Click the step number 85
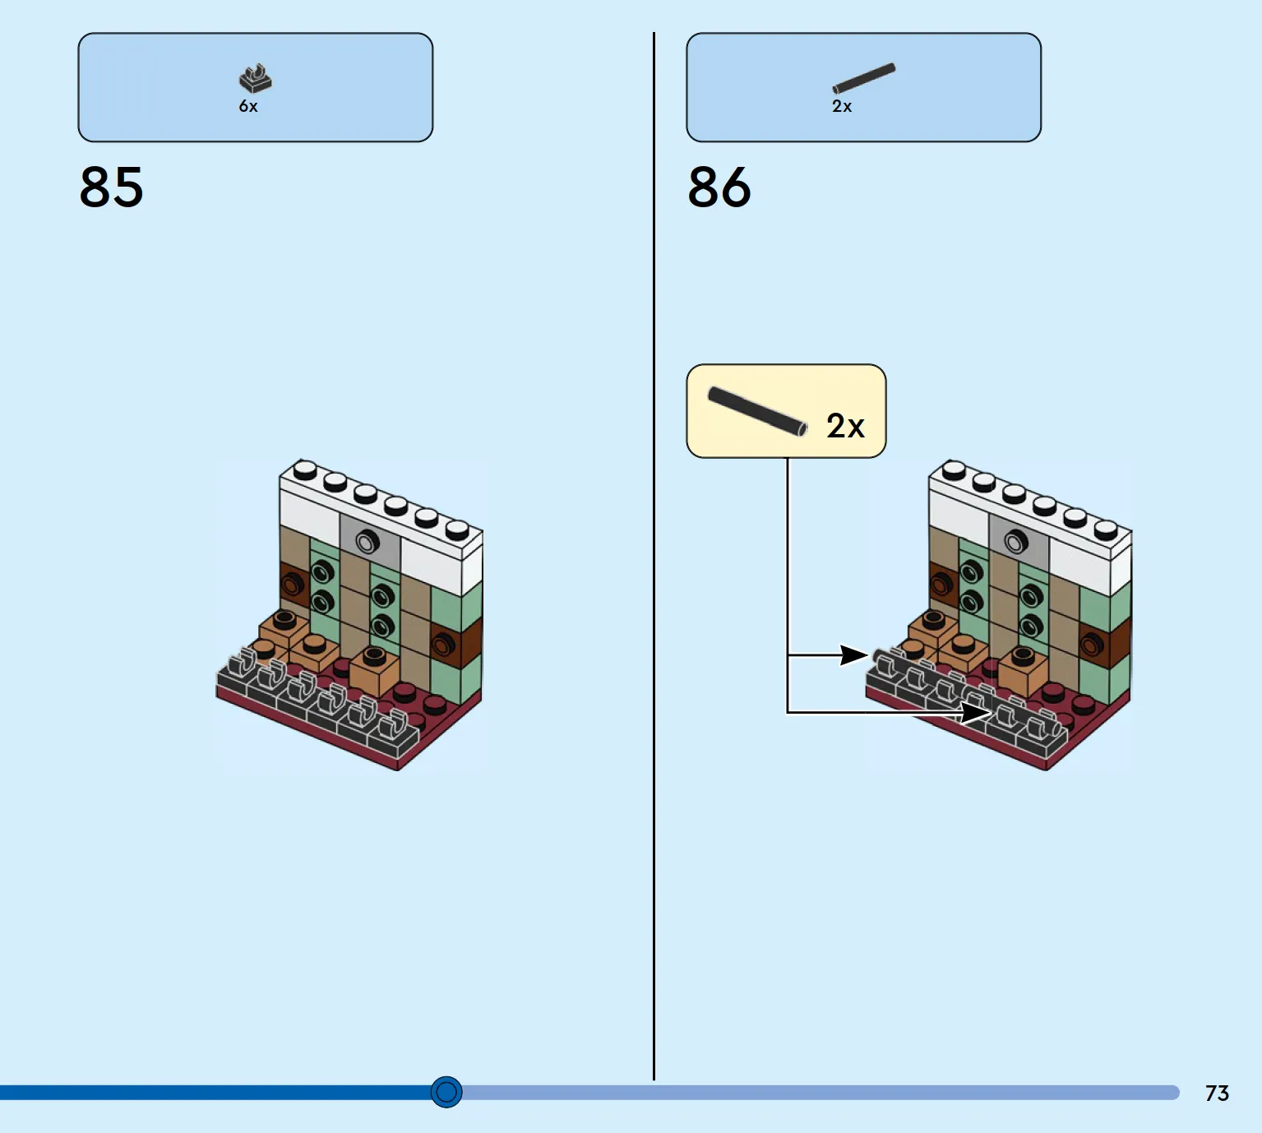[111, 187]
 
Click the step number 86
[719, 187]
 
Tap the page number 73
[1217, 1093]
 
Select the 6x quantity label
[248, 106]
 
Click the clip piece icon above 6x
[256, 78]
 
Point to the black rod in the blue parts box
[864, 78]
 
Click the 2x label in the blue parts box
[842, 106]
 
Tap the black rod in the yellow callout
[757, 411]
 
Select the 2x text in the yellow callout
[845, 426]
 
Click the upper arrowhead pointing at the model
[854, 654]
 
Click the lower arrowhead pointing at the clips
[976, 713]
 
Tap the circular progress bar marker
[446, 1092]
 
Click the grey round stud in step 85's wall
[368, 542]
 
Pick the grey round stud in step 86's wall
[1016, 541]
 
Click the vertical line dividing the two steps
[654, 556]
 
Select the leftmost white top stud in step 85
[305, 469]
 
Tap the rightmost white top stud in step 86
[1107, 530]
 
